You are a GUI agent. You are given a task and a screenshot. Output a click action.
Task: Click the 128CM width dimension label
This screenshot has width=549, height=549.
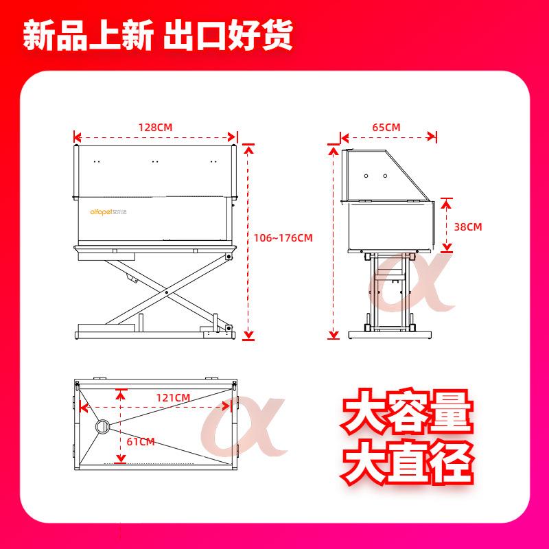(x=156, y=128)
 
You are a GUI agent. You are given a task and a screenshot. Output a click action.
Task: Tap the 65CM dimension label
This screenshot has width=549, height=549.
(x=386, y=128)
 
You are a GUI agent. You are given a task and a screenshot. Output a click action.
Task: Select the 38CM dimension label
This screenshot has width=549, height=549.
(x=468, y=227)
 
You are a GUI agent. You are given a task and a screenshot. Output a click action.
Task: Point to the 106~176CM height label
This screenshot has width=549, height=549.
(x=283, y=238)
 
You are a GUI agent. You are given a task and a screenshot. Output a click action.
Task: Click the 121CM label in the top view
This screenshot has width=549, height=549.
(x=173, y=398)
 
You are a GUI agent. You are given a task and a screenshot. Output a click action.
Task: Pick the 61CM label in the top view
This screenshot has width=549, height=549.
(x=141, y=442)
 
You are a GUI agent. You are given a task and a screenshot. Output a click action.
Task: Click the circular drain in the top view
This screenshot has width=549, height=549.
(x=102, y=426)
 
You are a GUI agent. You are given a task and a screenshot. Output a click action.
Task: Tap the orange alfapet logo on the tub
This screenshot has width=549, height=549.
(x=108, y=212)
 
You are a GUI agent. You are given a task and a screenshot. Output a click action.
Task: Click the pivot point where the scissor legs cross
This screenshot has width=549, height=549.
(x=167, y=292)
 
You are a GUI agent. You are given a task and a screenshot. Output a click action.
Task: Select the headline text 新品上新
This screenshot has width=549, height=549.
(x=89, y=35)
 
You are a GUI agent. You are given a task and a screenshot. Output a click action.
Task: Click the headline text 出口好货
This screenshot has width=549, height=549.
(x=228, y=35)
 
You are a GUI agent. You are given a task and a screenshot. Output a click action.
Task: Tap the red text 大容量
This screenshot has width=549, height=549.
(x=407, y=411)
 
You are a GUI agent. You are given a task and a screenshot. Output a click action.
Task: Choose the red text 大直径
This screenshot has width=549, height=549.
(x=407, y=461)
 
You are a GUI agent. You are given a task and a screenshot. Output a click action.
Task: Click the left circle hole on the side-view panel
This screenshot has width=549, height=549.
(x=366, y=176)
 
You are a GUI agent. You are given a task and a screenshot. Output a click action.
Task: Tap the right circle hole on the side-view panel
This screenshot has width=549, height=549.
(x=385, y=176)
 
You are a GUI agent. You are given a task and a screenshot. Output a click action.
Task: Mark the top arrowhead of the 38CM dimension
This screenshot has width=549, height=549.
(x=446, y=202)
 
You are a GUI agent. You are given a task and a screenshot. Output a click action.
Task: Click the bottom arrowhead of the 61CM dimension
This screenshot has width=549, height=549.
(x=121, y=458)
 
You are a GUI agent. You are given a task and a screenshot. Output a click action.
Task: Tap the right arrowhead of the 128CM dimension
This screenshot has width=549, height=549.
(x=232, y=137)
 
